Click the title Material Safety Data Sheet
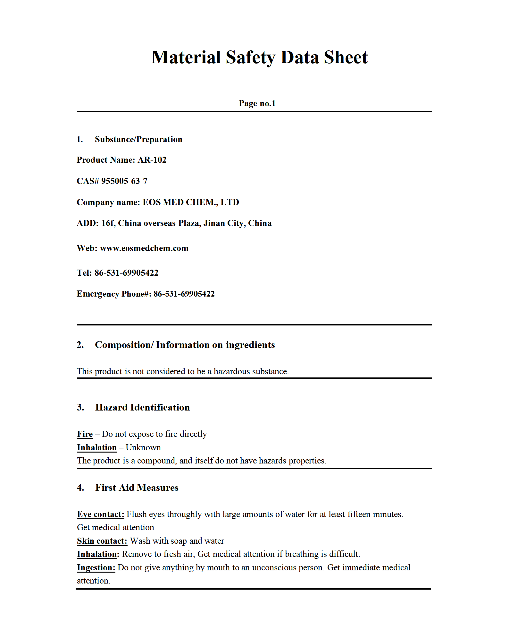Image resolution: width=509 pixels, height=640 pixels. click(x=259, y=57)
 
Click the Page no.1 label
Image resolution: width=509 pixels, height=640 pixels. click(x=257, y=103)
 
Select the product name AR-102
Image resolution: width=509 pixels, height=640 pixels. click(x=152, y=160)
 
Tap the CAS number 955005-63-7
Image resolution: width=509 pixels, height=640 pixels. click(x=124, y=181)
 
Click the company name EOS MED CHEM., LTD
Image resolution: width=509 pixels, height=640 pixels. click(x=191, y=202)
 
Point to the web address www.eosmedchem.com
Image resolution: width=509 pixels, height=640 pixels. click(x=144, y=248)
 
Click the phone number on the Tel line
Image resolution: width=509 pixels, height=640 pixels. click(x=126, y=273)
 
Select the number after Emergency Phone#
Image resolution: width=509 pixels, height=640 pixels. click(x=184, y=294)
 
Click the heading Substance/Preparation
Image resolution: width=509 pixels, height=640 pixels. click(x=138, y=139)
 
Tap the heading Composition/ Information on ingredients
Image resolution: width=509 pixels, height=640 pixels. click(x=185, y=345)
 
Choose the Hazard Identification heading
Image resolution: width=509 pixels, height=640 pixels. click(x=142, y=407)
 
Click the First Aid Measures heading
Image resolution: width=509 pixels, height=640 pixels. click(x=137, y=488)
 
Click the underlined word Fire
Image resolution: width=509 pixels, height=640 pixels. click(x=85, y=434)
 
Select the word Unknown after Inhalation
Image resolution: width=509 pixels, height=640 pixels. click(x=143, y=447)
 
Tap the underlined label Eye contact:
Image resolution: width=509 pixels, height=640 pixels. click(x=100, y=514)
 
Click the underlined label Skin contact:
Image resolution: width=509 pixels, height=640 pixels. click(x=102, y=541)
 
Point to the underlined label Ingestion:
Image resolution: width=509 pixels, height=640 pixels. click(x=96, y=567)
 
